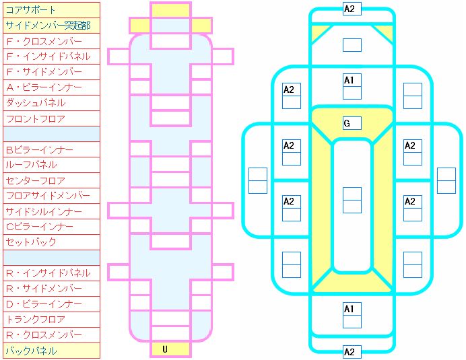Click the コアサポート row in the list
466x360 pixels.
pyautogui.click(x=51, y=10)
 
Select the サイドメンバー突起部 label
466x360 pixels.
pyautogui.click(x=51, y=26)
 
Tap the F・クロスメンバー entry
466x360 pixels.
pyautogui.click(x=51, y=41)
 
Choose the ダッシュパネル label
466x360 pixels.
pyautogui.click(x=51, y=103)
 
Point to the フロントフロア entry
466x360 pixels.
pyautogui.click(x=51, y=118)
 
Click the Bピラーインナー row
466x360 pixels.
pyautogui.click(x=51, y=149)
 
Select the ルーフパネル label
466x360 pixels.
pyautogui.click(x=51, y=165)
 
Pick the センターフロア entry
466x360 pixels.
pyautogui.click(x=51, y=180)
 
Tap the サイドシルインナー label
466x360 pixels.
pyautogui.click(x=51, y=211)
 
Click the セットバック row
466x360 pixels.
pyautogui.click(x=51, y=242)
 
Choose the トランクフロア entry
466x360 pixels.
pyautogui.click(x=51, y=320)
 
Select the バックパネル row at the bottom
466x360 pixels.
pyautogui.click(x=51, y=351)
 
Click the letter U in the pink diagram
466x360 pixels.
pyautogui.click(x=165, y=349)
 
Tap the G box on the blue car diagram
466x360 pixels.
pyautogui.click(x=352, y=123)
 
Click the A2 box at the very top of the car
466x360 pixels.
pyautogui.click(x=352, y=9)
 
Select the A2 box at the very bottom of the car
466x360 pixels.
pyautogui.click(x=352, y=352)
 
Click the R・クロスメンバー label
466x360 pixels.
pyautogui.click(x=51, y=335)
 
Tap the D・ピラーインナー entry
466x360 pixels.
pyautogui.click(x=51, y=304)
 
